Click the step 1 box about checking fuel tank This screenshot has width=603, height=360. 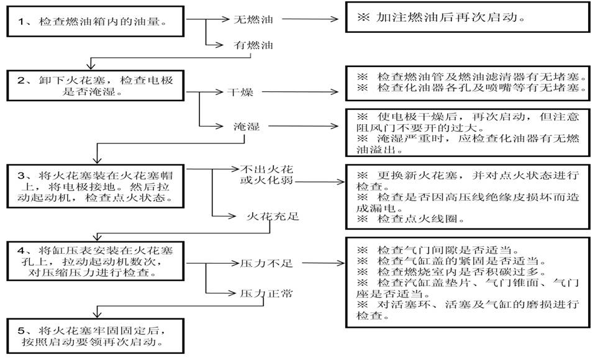coord(96,22)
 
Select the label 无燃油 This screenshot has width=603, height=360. coord(253,19)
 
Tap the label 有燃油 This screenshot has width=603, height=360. coord(253,45)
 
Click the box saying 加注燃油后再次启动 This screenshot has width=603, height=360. coord(468,17)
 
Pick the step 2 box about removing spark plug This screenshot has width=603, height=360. coord(96,86)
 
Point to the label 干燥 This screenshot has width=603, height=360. coord(240,92)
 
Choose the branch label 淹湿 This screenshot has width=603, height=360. coord(247,126)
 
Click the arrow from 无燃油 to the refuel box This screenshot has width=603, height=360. coord(310,19)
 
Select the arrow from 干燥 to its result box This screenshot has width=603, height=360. coord(300,92)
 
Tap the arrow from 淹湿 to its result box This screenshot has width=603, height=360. coord(304,125)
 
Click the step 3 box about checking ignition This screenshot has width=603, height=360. coord(96,186)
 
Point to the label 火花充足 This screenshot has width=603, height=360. coord(273,216)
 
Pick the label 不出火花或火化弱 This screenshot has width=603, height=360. coord(266,174)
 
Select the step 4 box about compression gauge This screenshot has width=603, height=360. coord(96,261)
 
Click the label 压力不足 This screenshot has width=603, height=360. coord(266,264)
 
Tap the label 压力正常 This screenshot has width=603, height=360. coord(266,294)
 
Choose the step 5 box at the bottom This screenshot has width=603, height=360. coord(96,336)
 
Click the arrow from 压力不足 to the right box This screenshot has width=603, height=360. coord(324,263)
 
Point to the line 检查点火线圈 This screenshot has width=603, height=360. coord(410,219)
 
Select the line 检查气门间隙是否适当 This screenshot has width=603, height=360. coord(438,250)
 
